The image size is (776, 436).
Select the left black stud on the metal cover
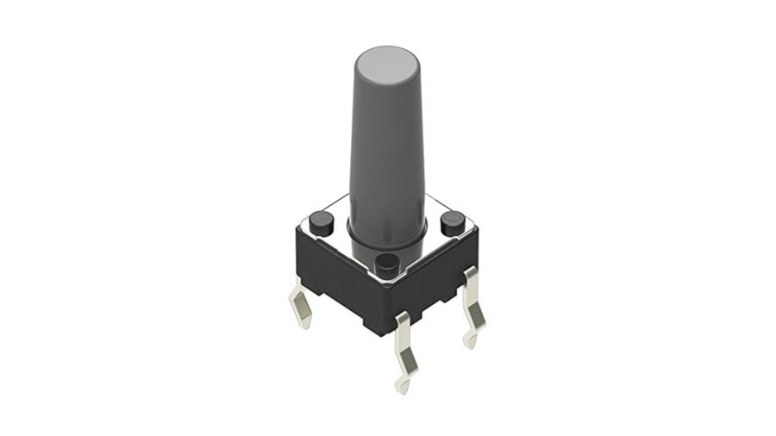(x=322, y=221)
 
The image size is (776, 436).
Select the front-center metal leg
(x=404, y=349)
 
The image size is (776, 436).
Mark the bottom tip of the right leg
(x=469, y=344)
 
